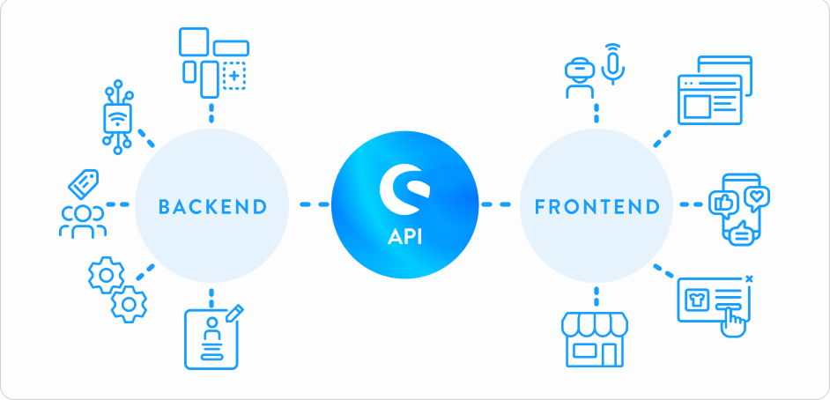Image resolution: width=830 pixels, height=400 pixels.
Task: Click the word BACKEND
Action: point(212,206)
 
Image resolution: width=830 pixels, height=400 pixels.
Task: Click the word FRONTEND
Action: point(597,206)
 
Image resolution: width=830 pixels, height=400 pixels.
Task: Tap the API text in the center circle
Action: point(405,236)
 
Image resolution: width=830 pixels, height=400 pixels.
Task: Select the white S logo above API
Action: point(405,189)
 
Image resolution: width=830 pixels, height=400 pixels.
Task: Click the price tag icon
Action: point(84,183)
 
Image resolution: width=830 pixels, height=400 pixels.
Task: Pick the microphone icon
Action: point(613,64)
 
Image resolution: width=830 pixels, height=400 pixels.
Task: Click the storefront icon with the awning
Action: point(595,340)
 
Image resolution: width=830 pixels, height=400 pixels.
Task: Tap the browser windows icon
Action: point(715,90)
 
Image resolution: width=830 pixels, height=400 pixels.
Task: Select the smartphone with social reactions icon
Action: point(739,210)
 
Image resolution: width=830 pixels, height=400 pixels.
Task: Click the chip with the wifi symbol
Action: point(117,117)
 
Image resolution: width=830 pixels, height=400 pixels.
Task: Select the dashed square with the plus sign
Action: point(234,75)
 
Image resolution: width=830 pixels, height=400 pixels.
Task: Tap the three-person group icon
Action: point(83,222)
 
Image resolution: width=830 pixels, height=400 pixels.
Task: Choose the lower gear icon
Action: point(129,304)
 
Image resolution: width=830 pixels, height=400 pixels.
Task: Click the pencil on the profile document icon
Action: point(235,312)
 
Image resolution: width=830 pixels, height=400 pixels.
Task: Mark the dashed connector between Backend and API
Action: point(315,204)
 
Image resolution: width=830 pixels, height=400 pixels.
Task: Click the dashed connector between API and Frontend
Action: point(495,204)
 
